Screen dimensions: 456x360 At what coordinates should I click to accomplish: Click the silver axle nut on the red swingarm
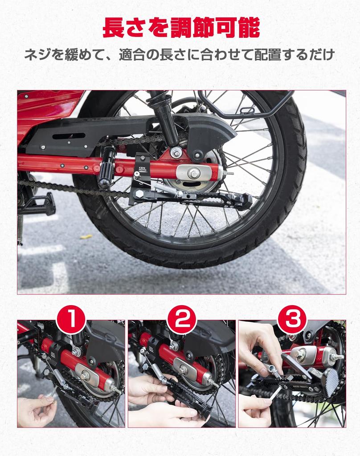coord(193,173)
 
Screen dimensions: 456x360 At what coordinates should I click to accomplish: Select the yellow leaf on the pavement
coord(86,236)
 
